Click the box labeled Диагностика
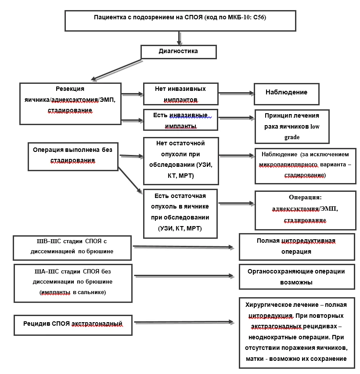coord(179,52)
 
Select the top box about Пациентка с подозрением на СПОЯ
coord(180,21)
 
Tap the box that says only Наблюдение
coord(287,94)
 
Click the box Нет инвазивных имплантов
coord(180,94)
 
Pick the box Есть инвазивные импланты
coord(180,120)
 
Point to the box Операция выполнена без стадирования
coord(73,157)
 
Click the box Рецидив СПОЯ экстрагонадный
coord(73,325)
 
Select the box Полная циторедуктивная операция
coord(297,247)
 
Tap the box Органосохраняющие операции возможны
coord(297,277)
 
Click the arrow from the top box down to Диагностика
coord(179,38)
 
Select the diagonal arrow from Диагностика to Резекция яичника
coord(116,70)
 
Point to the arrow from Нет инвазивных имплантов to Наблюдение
coord(236,93)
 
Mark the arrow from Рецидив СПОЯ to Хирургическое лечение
coord(184,322)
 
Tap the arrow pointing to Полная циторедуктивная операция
coord(183,247)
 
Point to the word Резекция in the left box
coord(70,89)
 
